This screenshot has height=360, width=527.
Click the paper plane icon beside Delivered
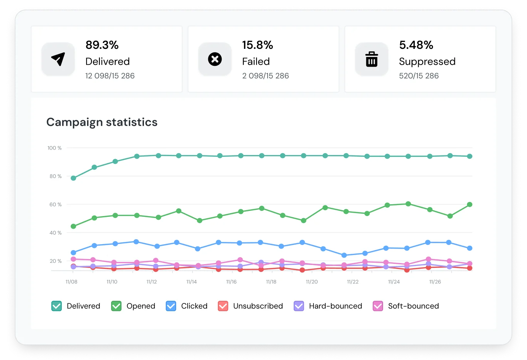pyautogui.click(x=58, y=59)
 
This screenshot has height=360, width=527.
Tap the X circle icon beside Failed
pyautogui.click(x=215, y=59)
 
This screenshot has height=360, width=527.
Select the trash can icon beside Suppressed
pyautogui.click(x=372, y=59)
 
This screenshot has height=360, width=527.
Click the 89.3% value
pyautogui.click(x=102, y=45)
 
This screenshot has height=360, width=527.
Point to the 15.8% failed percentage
pyautogui.click(x=258, y=45)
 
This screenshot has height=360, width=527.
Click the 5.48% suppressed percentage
pyautogui.click(x=416, y=45)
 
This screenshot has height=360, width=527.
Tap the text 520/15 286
pyautogui.click(x=419, y=76)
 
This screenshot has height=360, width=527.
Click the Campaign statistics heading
pyautogui.click(x=102, y=122)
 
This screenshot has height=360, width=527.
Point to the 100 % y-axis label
pyautogui.click(x=54, y=148)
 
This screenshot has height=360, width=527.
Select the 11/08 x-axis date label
pyautogui.click(x=71, y=282)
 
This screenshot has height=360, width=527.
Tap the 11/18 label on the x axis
pyautogui.click(x=271, y=282)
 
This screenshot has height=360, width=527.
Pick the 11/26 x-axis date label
pyautogui.click(x=435, y=282)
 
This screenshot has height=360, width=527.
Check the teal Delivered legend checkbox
pyautogui.click(x=57, y=306)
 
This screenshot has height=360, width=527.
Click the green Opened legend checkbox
pyautogui.click(x=116, y=306)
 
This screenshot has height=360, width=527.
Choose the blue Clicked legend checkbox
pyautogui.click(x=171, y=306)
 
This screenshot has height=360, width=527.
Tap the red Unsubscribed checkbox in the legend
pyautogui.click(x=223, y=306)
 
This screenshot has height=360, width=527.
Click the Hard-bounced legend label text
pyautogui.click(x=335, y=306)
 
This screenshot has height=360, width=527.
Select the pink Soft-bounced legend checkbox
pyautogui.click(x=378, y=306)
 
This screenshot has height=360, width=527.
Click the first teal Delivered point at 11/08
pyautogui.click(x=73, y=178)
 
